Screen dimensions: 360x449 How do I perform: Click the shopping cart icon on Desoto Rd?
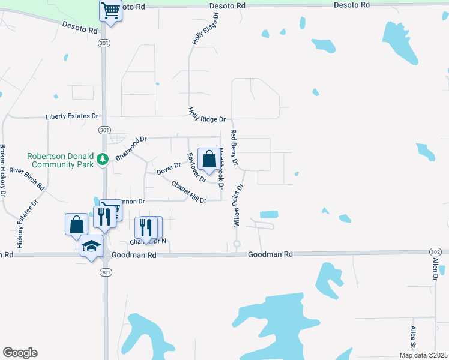click(x=110, y=10)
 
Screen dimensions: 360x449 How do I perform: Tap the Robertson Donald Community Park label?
click(x=61, y=160)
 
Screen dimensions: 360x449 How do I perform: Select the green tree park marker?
click(x=103, y=158)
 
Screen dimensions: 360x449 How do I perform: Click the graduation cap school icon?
click(x=91, y=247)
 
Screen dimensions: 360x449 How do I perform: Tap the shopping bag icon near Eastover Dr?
click(x=209, y=160)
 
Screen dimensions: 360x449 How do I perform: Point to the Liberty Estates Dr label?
click(x=72, y=116)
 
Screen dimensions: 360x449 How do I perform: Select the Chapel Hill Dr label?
click(x=188, y=191)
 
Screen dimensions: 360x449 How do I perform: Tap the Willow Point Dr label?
click(x=238, y=205)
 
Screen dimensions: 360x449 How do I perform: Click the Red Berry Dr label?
click(x=235, y=148)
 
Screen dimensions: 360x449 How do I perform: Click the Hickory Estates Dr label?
click(x=27, y=224)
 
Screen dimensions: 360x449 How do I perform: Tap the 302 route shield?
click(x=436, y=251)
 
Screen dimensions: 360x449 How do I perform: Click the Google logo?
click(x=20, y=352)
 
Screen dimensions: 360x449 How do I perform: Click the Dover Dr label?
click(x=169, y=169)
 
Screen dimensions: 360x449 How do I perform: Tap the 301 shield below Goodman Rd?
click(x=105, y=271)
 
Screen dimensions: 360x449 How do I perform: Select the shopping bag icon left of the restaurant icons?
click(x=76, y=224)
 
